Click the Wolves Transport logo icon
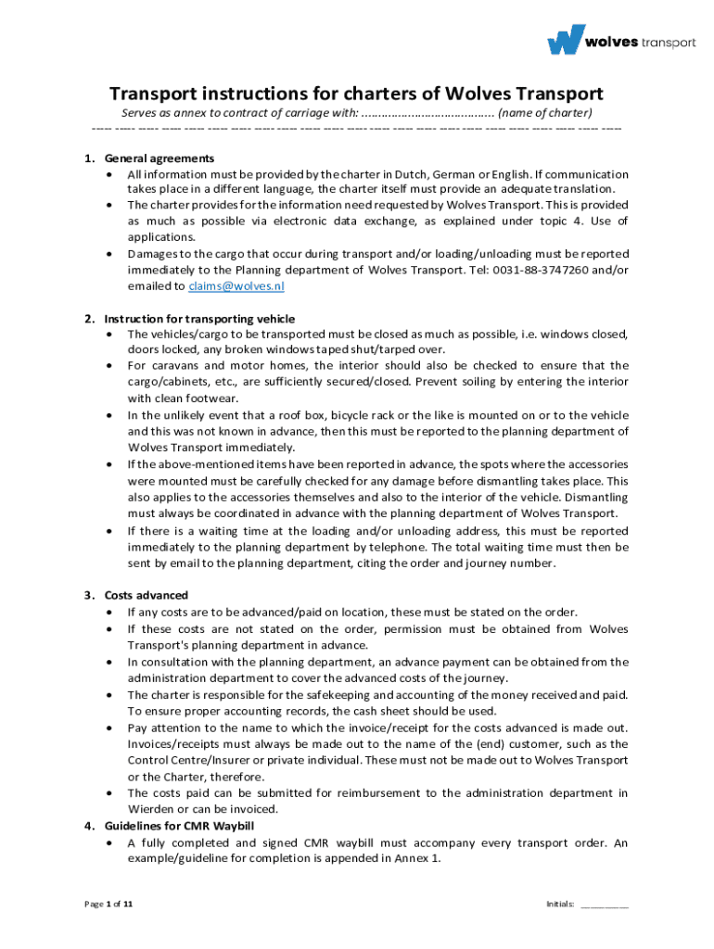click(566, 40)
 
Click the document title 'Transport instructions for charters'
click(356, 94)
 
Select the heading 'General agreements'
click(159, 158)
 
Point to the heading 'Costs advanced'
click(146, 595)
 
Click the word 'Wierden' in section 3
click(149, 809)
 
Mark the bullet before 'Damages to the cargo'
click(111, 254)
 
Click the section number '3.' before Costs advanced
click(88, 595)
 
